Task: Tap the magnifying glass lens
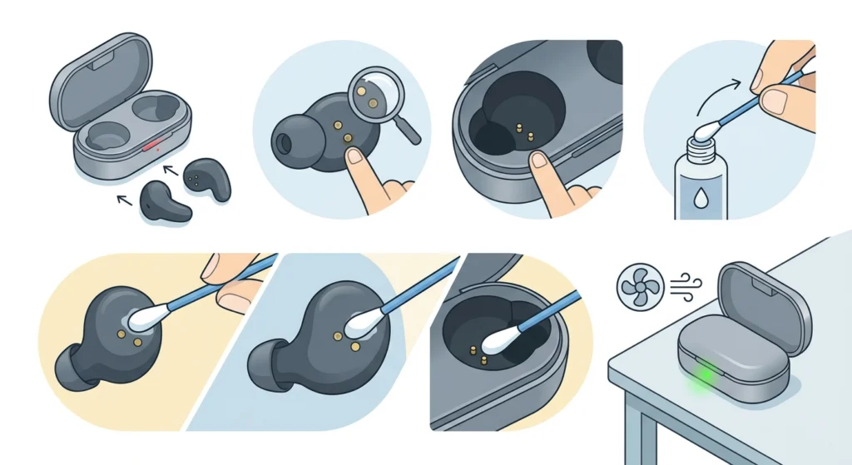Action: tap(371, 92)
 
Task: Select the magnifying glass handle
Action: tap(409, 130)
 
